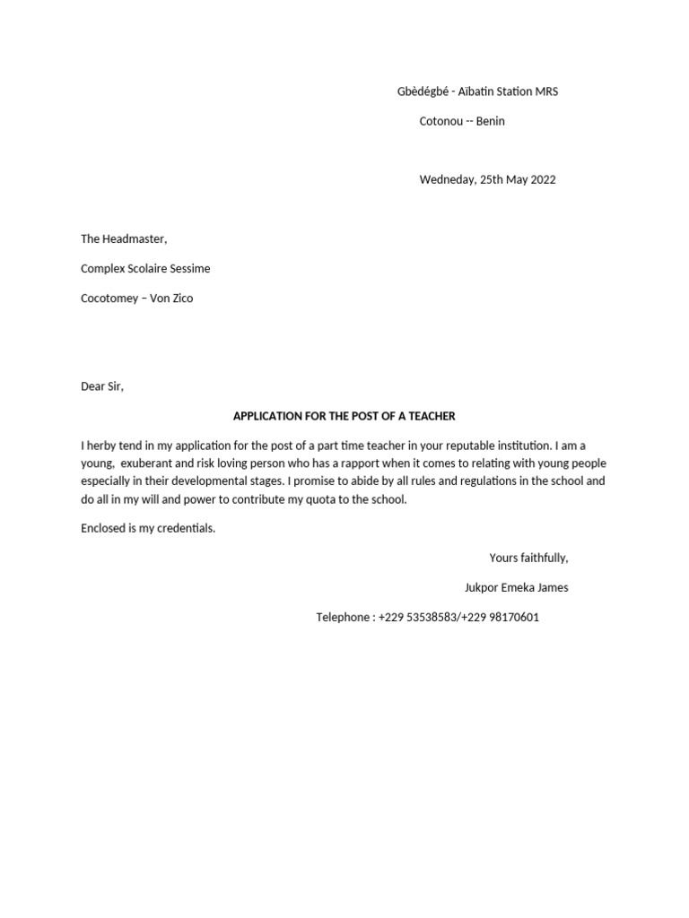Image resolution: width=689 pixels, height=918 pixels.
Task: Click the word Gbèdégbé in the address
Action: coord(422,91)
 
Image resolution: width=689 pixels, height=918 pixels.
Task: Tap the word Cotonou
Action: coord(440,121)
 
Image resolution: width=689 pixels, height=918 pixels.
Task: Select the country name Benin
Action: coord(489,121)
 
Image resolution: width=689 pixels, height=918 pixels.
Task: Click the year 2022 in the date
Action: coord(543,179)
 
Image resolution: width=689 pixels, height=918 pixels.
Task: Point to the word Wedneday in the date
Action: coord(447,179)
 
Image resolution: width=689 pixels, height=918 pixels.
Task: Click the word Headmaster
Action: coord(135,238)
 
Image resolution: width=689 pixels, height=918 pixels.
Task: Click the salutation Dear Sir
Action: coord(101,386)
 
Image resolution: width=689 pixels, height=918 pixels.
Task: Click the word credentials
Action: coord(185,528)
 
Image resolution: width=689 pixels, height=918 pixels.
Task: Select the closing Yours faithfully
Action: coord(528,558)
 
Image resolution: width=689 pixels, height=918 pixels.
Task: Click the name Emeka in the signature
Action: coord(519,588)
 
